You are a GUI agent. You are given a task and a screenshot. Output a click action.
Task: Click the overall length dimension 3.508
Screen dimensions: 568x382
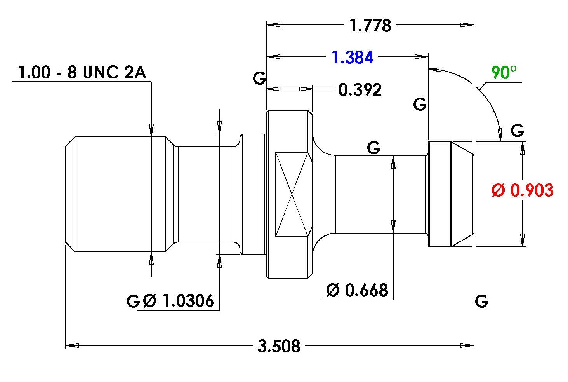[x=279, y=346]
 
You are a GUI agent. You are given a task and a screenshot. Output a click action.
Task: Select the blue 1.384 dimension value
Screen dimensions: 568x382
[x=353, y=57]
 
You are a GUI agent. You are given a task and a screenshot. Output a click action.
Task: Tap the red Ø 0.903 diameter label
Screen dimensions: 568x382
[x=523, y=190]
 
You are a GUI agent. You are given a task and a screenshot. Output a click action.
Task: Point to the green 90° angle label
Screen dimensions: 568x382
[x=504, y=72]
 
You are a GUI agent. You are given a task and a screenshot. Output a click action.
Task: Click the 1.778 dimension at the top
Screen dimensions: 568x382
[x=370, y=25]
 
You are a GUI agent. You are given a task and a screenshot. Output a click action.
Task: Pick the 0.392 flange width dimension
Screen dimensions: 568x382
[x=360, y=90]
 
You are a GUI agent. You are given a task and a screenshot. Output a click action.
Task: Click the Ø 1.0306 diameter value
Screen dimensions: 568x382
[x=178, y=301]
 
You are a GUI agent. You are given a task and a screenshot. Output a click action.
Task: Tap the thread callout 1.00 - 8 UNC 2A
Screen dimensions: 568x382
[x=82, y=72]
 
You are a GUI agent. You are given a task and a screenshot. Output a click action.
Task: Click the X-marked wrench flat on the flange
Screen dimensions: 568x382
[x=294, y=194]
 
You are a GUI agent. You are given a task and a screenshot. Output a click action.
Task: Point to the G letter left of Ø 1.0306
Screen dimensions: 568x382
[x=133, y=301]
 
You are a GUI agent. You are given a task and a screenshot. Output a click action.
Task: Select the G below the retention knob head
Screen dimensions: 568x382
[x=481, y=301]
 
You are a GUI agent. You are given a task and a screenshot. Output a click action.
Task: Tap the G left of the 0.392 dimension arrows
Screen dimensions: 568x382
[x=259, y=78]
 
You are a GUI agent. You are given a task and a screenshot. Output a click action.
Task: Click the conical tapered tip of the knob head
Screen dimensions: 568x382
[x=462, y=194]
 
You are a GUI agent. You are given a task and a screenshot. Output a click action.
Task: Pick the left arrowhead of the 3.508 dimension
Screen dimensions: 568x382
[x=72, y=345]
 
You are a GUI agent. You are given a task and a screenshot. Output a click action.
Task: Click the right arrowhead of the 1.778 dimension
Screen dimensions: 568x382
[x=467, y=25]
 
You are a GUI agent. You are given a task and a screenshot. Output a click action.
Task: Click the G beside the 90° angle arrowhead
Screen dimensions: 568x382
[x=517, y=131]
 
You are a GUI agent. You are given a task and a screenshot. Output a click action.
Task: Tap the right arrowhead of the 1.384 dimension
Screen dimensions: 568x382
[x=421, y=57]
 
